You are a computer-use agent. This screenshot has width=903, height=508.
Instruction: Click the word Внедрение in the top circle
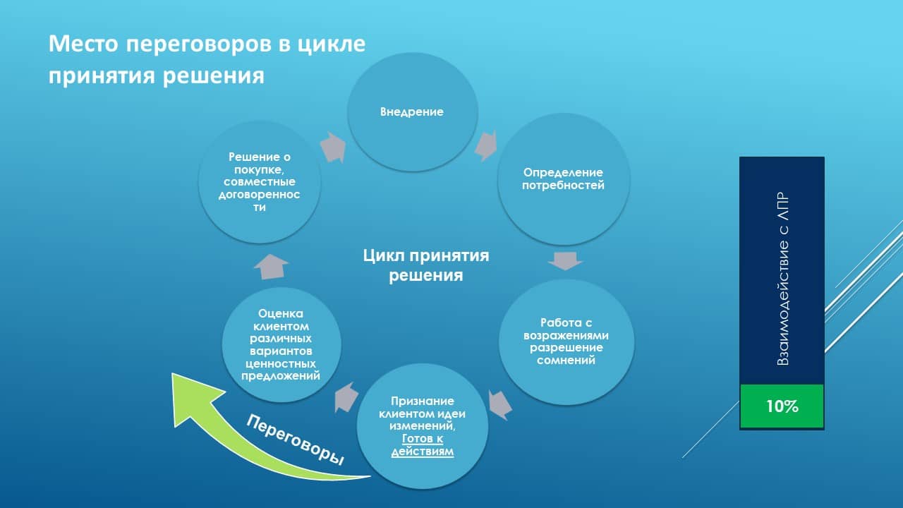[411, 111]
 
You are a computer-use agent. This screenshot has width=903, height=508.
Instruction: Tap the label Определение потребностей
[563, 179]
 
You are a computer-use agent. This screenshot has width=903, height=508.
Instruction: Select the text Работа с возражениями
[566, 329]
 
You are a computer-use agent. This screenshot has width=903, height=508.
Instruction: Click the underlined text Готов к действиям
[423, 445]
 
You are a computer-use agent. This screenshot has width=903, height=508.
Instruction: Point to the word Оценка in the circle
[281, 313]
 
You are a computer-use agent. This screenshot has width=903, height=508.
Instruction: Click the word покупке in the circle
[259, 169]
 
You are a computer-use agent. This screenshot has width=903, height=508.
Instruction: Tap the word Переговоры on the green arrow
[296, 439]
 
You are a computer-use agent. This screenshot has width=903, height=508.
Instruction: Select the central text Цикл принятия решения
[425, 265]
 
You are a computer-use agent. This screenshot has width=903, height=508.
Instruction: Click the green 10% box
[782, 406]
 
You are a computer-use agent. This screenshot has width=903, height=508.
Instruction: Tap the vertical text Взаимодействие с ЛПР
[782, 279]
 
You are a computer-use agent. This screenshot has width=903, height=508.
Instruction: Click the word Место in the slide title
[83, 44]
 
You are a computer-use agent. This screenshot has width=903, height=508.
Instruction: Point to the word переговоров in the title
[199, 44]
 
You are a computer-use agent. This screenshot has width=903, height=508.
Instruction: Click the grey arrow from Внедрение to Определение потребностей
[486, 145]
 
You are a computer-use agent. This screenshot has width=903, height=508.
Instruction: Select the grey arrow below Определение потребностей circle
[565, 261]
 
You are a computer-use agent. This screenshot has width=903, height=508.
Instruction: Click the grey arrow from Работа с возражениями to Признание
[500, 405]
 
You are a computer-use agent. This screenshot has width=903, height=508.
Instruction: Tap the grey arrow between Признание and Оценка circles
[346, 397]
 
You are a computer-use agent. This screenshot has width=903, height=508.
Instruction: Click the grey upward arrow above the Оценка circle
[272, 267]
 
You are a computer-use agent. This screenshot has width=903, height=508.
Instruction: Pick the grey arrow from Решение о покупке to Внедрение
[334, 147]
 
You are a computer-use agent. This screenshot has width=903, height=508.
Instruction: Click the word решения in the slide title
[214, 76]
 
